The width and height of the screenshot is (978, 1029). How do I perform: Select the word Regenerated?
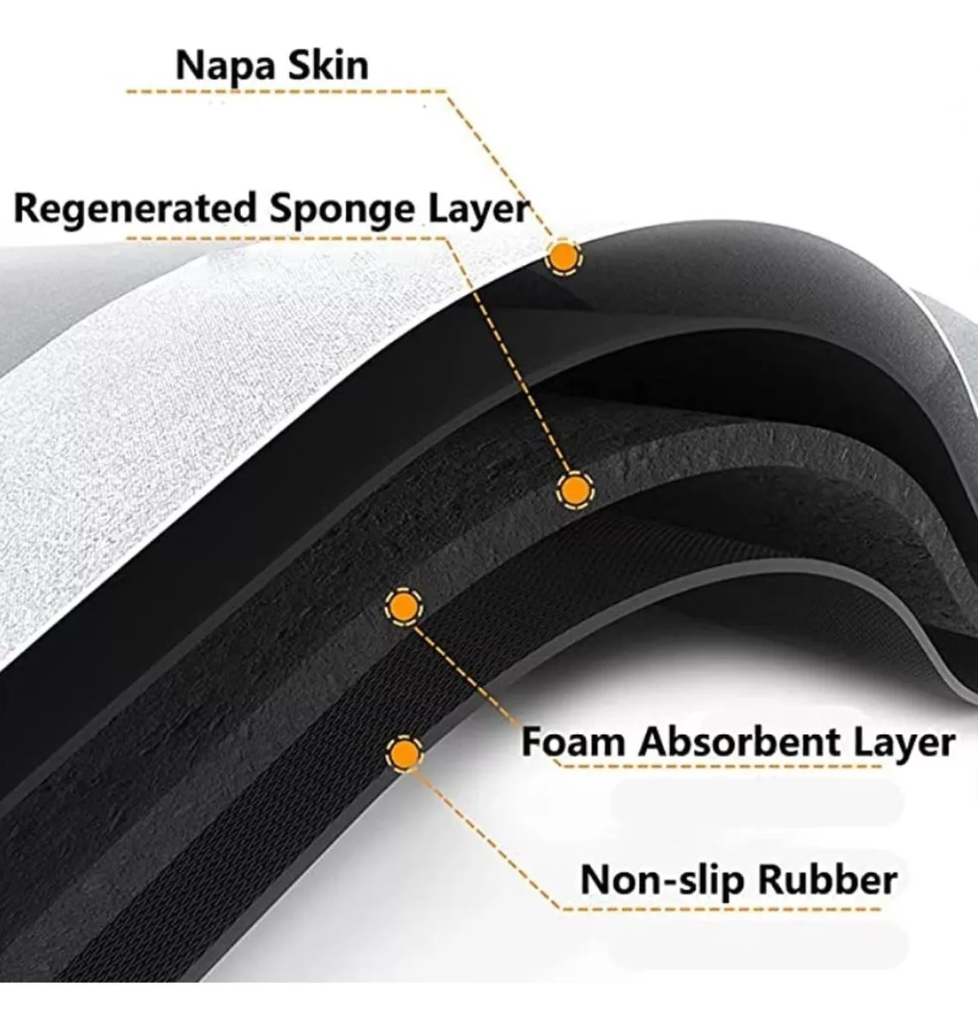click(136, 208)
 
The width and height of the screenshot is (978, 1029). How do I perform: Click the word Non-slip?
click(661, 880)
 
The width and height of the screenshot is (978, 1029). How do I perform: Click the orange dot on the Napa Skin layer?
click(563, 256)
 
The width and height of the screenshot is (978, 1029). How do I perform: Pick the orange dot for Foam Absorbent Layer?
click(402, 607)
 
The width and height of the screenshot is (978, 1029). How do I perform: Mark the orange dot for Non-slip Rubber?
click(403, 754)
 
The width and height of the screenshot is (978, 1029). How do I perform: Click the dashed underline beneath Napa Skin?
click(283, 91)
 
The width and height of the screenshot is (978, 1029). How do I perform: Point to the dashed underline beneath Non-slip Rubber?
click(729, 907)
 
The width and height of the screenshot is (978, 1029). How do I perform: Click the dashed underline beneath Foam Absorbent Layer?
click(729, 766)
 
